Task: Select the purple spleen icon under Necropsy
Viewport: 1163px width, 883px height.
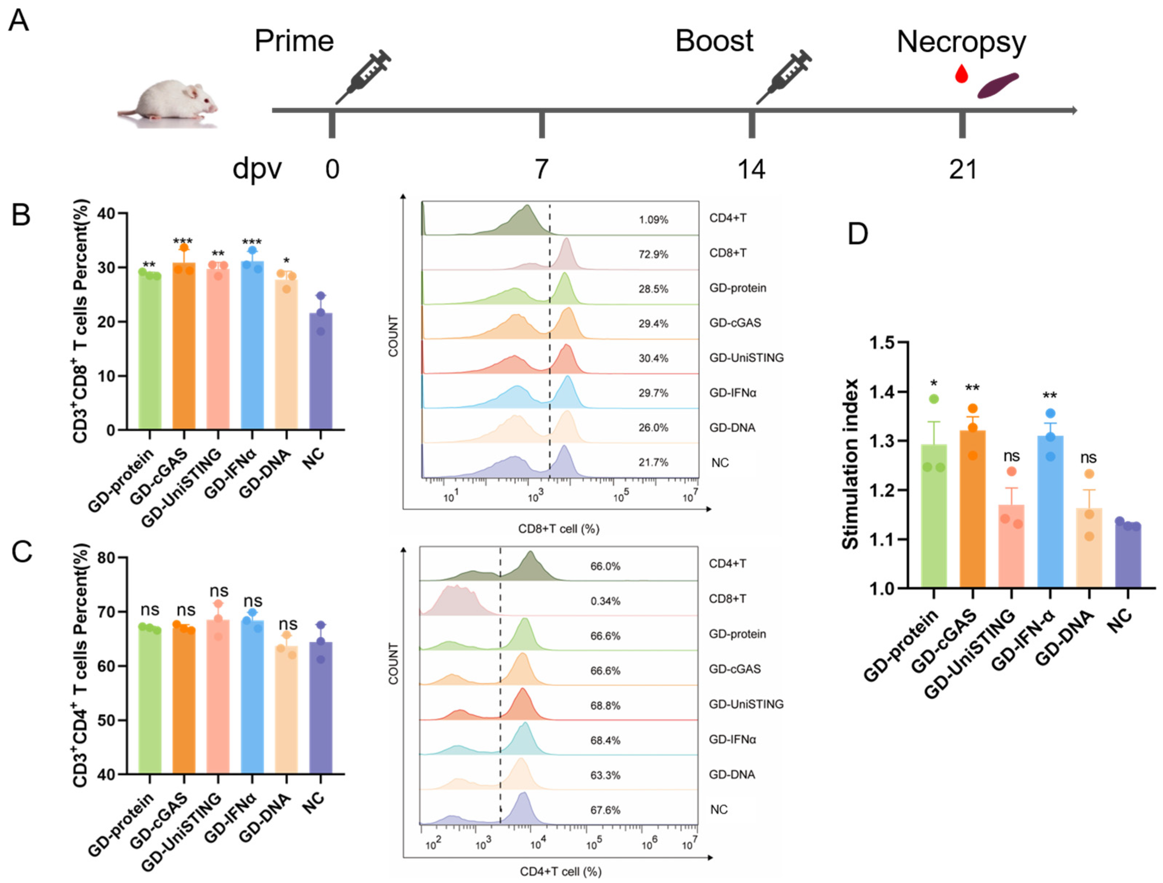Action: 997,86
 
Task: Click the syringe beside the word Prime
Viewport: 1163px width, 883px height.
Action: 364,76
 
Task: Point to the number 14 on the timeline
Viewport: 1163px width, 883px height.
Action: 751,169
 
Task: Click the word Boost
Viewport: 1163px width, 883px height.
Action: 714,41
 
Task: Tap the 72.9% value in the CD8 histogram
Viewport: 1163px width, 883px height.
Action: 653,254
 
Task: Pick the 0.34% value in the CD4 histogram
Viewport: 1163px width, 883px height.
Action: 605,601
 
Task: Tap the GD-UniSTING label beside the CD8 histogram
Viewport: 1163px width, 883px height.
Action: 746,358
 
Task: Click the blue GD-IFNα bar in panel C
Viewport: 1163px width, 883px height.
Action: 252,699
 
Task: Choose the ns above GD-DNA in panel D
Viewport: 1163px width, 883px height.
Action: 1088,458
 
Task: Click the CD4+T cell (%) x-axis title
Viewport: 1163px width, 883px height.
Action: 560,871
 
